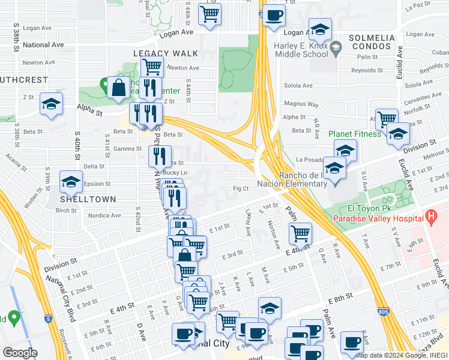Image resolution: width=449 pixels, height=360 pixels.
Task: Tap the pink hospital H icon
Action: [430, 215]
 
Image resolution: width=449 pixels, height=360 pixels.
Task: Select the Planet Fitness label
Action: [354, 134]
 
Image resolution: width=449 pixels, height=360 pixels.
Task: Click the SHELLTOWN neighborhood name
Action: [82, 198]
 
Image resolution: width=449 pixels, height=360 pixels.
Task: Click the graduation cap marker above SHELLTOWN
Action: [71, 181]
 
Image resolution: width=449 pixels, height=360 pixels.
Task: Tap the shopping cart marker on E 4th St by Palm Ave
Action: [300, 233]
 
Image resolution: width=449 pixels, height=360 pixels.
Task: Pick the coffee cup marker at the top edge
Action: [274, 16]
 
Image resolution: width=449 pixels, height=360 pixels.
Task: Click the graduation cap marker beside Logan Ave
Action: [320, 29]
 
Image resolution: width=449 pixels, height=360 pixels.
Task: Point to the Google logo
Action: [19, 353]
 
